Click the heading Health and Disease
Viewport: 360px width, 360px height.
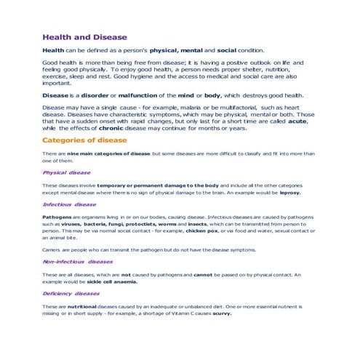click(84, 36)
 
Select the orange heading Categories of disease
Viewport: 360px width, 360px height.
click(84, 140)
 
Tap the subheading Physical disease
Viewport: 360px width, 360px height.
click(66, 173)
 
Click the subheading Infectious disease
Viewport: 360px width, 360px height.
click(69, 205)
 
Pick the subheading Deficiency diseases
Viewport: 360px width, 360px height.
click(71, 294)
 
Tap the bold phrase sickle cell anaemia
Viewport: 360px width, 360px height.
click(108, 281)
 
